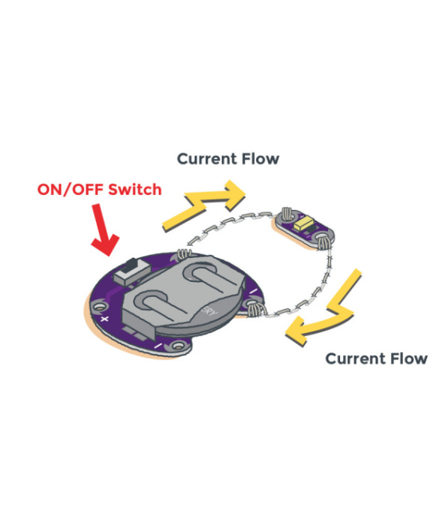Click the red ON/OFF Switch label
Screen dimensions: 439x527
click(100, 189)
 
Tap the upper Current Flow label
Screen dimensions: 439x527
click(228, 159)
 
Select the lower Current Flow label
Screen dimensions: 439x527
click(376, 359)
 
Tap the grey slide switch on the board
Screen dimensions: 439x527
click(131, 271)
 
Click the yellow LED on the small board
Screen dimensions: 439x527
click(303, 223)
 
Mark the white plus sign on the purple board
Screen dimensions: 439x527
click(105, 319)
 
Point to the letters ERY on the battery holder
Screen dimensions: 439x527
click(209, 311)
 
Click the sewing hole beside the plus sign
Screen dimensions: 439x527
click(99, 307)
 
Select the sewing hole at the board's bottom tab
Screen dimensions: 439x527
click(177, 346)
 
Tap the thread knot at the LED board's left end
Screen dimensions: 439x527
click(287, 214)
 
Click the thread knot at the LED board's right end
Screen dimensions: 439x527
click(322, 242)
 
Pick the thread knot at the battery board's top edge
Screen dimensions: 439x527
click(184, 253)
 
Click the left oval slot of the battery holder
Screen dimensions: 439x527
click(152, 303)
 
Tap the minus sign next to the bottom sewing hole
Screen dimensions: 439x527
click(158, 346)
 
